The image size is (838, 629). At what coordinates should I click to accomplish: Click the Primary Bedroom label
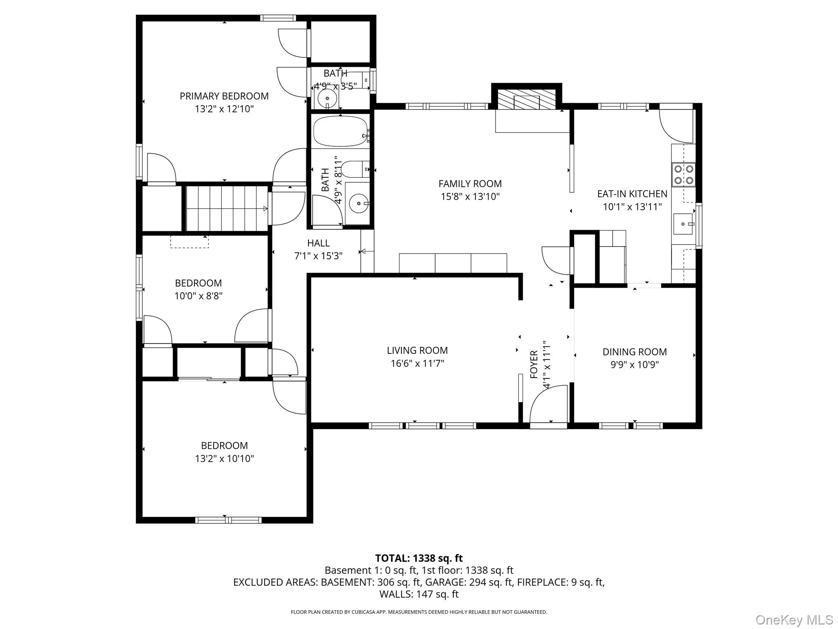[224, 96]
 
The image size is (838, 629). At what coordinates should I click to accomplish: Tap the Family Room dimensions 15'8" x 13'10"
[470, 197]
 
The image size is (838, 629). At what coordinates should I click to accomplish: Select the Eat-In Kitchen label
[632, 194]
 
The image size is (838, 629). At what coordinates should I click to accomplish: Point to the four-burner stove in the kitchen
[683, 175]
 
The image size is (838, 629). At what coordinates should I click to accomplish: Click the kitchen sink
[683, 224]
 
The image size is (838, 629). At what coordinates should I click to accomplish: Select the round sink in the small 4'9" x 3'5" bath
[327, 98]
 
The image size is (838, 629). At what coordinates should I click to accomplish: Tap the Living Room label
[417, 351]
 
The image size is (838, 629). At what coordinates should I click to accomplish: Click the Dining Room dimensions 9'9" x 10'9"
[635, 365]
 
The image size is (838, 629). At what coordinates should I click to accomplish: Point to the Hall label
[318, 243]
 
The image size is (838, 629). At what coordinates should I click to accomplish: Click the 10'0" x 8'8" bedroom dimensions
[198, 296]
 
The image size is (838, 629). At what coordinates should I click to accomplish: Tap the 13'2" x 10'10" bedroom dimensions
[224, 459]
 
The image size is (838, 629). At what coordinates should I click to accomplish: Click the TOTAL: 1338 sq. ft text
[419, 558]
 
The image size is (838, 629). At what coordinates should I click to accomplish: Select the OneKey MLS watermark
[794, 619]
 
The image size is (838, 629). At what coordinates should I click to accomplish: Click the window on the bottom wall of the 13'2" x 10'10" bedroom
[228, 520]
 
